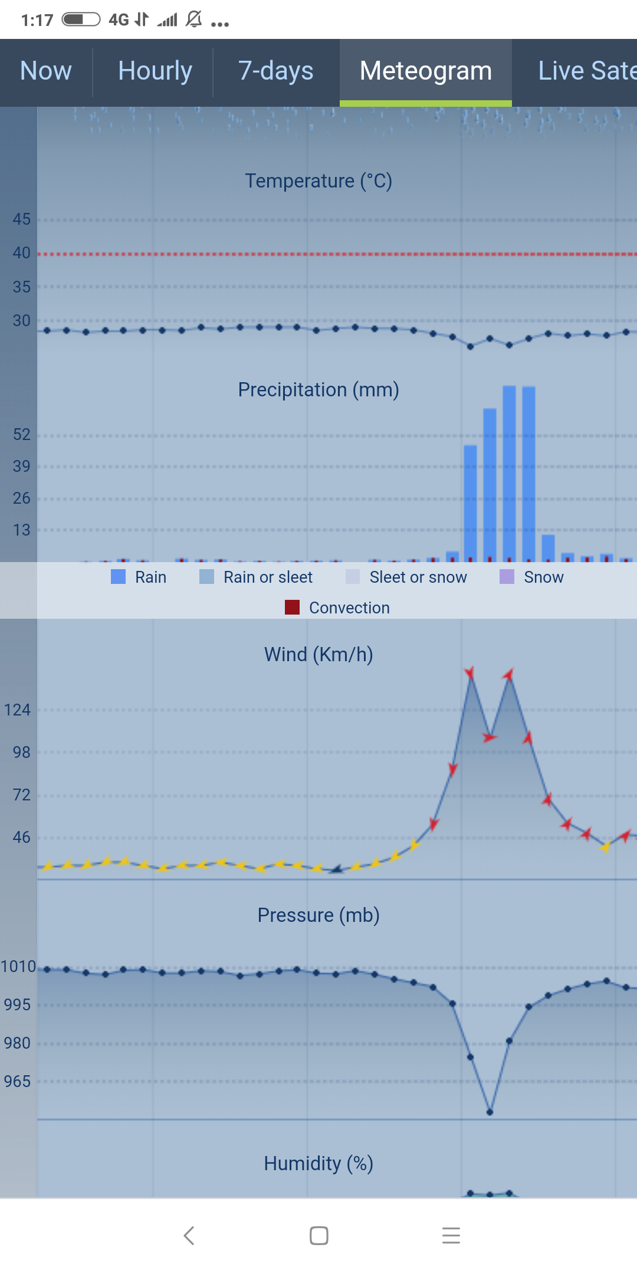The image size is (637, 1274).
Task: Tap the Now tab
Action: [46, 71]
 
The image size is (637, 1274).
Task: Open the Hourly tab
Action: [155, 71]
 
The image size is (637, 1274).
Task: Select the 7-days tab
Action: [275, 71]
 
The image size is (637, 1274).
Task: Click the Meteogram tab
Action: [425, 71]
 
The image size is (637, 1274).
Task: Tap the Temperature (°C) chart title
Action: [318, 181]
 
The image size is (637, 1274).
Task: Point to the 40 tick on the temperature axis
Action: [21, 253]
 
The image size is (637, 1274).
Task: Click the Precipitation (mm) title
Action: [318, 390]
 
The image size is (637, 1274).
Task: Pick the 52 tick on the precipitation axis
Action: [21, 435]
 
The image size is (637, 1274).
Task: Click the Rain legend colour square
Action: [119, 577]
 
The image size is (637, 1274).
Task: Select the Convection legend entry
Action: [337, 608]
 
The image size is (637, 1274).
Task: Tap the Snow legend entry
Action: [532, 577]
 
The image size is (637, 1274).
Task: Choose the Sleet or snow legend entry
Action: [406, 577]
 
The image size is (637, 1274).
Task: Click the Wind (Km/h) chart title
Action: [318, 655]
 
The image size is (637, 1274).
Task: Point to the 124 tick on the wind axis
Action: [17, 710]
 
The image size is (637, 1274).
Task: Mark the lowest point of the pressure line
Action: [490, 1112]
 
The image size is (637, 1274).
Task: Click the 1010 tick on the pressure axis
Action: [18, 967]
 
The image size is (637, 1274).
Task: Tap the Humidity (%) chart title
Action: [318, 1164]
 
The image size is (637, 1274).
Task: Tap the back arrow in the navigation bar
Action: [189, 1236]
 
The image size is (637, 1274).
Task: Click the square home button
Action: [319, 1236]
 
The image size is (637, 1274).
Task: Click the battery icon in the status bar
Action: [81, 19]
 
